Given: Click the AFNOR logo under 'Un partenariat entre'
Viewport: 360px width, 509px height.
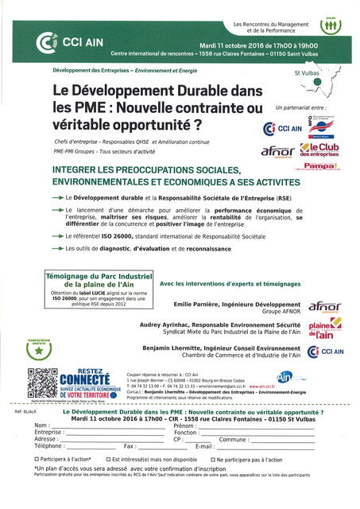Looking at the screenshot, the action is (278, 151).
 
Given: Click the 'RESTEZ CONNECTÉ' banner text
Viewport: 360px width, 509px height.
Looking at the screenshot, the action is (84, 377).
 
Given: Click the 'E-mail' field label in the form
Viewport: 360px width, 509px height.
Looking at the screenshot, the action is (204, 447).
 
